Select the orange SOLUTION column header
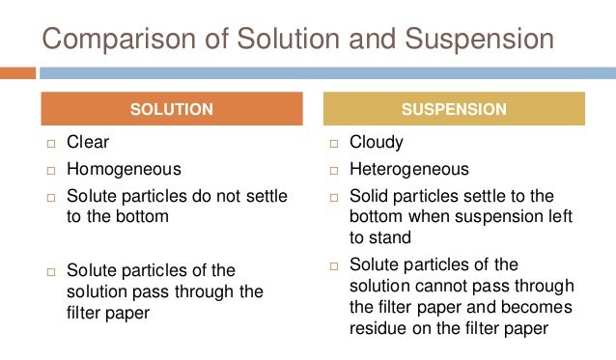[172, 109]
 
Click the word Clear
[88, 143]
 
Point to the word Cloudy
[378, 143]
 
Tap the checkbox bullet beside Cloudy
[331, 144]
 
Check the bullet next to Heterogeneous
[331, 171]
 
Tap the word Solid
[371, 195]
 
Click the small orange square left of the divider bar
[17, 72]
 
